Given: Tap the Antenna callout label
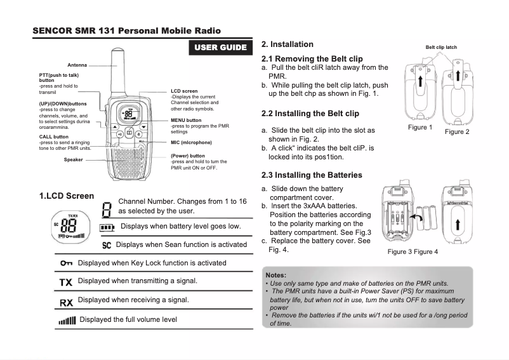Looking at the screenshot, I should (77, 65).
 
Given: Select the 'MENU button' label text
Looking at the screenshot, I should (186, 120).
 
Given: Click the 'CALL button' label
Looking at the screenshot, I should (54, 137).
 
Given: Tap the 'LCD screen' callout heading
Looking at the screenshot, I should (185, 91).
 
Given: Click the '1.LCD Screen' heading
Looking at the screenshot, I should (67, 196).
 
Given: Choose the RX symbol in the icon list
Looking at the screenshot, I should (66, 302).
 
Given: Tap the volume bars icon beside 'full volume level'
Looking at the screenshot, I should (66, 320).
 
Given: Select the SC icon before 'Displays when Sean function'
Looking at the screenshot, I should (107, 245).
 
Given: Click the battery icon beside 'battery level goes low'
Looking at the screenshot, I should (107, 227).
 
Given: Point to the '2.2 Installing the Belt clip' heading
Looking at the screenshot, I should (310, 114).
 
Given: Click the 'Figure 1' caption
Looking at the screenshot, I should (421, 128).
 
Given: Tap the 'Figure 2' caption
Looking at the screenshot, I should (457, 132).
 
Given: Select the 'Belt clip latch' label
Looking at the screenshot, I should (441, 48).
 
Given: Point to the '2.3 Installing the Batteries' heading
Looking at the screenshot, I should (312, 175).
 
